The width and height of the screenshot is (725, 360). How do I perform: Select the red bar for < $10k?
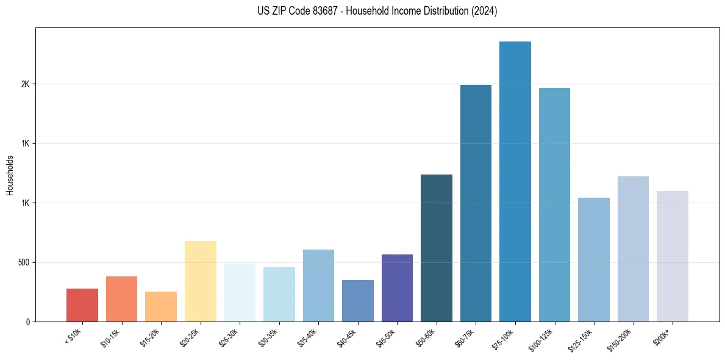pos(82,305)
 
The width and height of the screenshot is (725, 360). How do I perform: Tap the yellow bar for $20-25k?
pos(201,281)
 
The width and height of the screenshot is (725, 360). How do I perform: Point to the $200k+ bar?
pos(673,256)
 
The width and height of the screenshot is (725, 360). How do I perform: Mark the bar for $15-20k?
pos(161,306)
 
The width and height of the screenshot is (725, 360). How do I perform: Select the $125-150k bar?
pos(594,259)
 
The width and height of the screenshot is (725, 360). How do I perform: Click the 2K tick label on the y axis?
pos(24,84)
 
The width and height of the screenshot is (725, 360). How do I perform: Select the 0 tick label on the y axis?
pos(27,322)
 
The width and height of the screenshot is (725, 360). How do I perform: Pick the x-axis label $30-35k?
pos(268,337)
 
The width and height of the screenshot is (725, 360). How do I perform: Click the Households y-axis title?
pos(10,175)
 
